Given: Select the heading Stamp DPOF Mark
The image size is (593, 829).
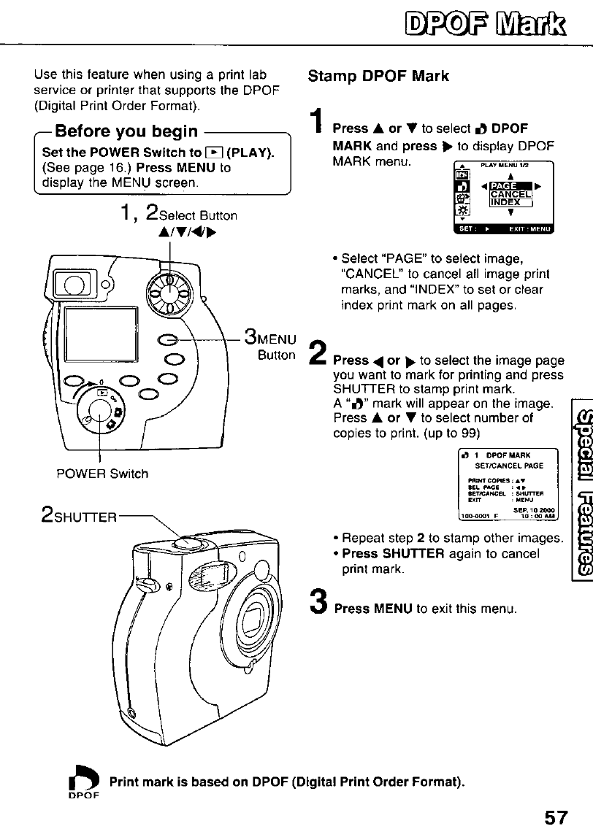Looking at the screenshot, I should click(378, 76).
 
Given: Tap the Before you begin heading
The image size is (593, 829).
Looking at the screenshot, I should click(126, 131).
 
